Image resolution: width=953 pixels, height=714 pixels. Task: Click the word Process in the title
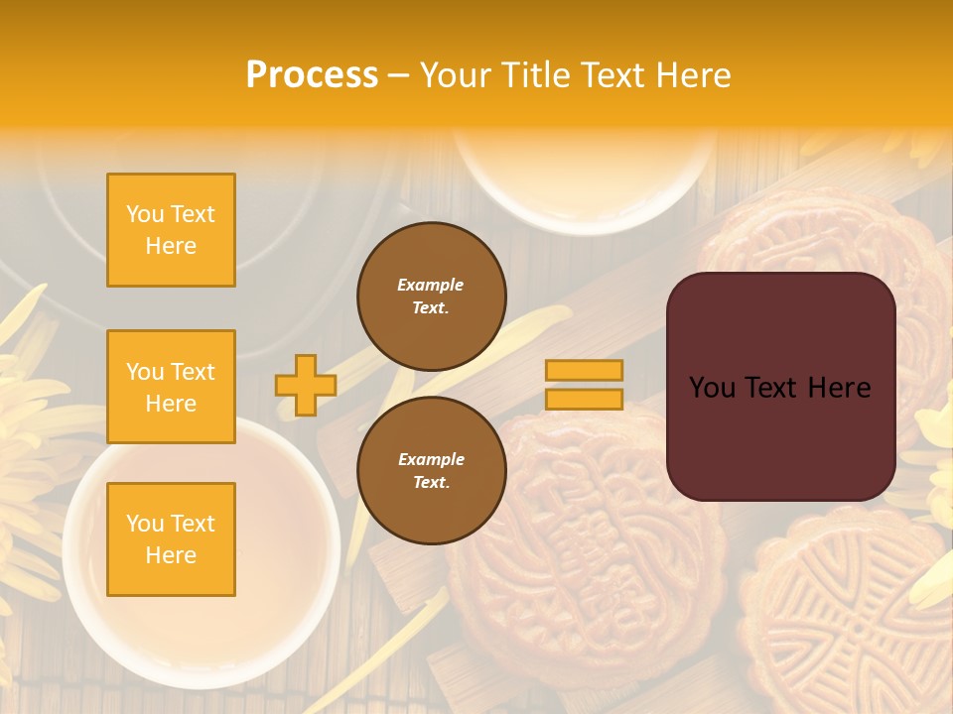point(312,75)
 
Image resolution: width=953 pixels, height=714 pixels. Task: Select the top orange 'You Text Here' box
point(171,230)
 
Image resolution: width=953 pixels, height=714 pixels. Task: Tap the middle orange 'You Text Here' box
point(171,387)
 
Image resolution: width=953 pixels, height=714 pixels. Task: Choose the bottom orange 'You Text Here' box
point(171,539)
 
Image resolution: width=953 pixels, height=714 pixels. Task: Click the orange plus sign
point(306,385)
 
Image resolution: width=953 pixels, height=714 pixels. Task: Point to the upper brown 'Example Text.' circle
point(431,297)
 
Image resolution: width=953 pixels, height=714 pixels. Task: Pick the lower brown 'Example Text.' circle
point(431,471)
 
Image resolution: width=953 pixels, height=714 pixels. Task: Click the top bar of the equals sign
point(585,370)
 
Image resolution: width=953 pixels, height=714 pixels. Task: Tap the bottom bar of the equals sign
point(585,399)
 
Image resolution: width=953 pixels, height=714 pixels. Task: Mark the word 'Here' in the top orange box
point(171,246)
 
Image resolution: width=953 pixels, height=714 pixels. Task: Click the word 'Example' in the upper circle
point(431,286)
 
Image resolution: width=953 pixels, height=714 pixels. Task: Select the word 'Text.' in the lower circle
point(431,483)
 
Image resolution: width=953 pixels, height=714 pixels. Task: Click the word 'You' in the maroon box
point(712,388)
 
